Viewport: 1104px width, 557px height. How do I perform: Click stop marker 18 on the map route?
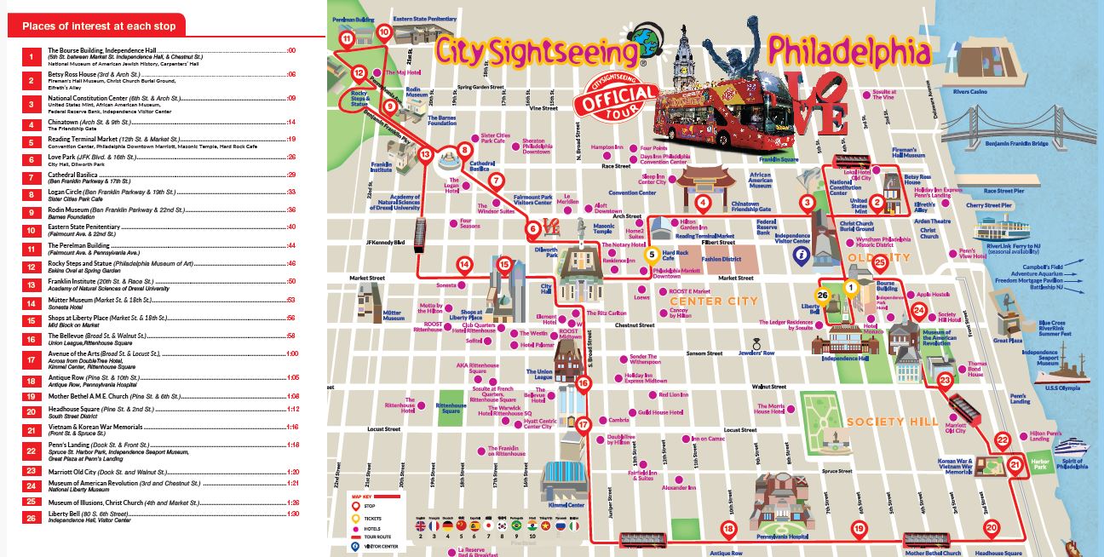[x=728, y=529]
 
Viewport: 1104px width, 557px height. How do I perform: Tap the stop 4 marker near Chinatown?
[x=703, y=203]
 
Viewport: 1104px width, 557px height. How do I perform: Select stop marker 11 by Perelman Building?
[x=347, y=38]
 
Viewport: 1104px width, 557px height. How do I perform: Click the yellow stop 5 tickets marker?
[x=652, y=253]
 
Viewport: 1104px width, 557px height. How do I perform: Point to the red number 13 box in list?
[x=31, y=284]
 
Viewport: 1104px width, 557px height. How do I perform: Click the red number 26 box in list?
[x=31, y=516]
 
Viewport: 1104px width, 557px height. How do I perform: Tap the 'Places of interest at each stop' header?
[x=99, y=26]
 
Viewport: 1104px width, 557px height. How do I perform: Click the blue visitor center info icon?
[x=800, y=254]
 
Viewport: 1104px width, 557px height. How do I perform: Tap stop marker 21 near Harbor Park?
[x=1015, y=464]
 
